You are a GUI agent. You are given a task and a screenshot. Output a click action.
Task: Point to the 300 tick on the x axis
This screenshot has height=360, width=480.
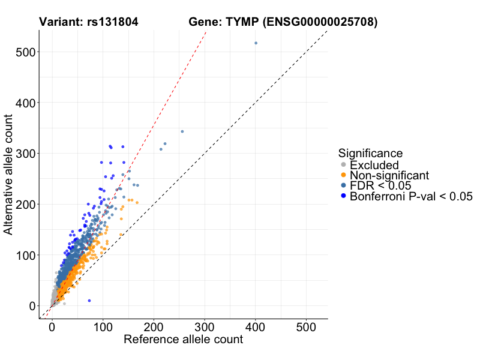pyautogui.click(x=205, y=319)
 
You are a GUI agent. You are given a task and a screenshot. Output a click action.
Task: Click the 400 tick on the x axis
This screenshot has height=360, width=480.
pyautogui.click(x=256, y=319)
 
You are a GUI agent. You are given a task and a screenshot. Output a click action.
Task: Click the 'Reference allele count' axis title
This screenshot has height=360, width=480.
pyautogui.click(x=183, y=340)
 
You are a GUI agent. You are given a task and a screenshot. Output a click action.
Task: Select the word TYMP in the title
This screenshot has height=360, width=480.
pyautogui.click(x=243, y=22)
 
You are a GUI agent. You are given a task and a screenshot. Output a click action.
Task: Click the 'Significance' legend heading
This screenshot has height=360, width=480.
pyautogui.click(x=370, y=153)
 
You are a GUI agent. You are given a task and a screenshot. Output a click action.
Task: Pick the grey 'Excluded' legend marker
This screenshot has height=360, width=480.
pyautogui.click(x=343, y=165)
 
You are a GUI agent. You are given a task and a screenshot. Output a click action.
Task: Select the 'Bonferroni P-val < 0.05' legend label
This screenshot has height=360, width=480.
pyautogui.click(x=412, y=196)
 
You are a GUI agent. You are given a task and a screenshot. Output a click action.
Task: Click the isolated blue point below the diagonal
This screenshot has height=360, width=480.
pyautogui.click(x=89, y=301)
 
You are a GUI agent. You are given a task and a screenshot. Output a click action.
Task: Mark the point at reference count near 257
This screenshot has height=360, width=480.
pyautogui.click(x=182, y=131)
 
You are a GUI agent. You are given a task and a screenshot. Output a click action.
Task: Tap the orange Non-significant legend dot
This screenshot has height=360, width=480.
pyautogui.click(x=343, y=175)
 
